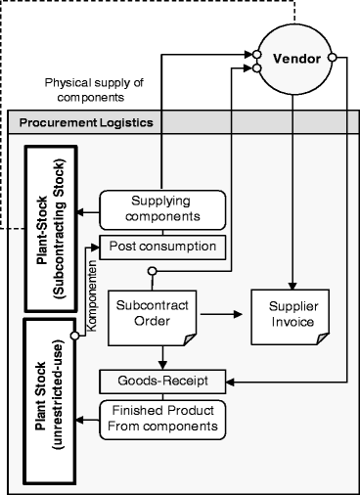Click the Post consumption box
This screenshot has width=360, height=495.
[162, 245]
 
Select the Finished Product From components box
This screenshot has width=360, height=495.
[162, 418]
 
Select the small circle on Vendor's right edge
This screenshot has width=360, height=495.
[333, 59]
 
